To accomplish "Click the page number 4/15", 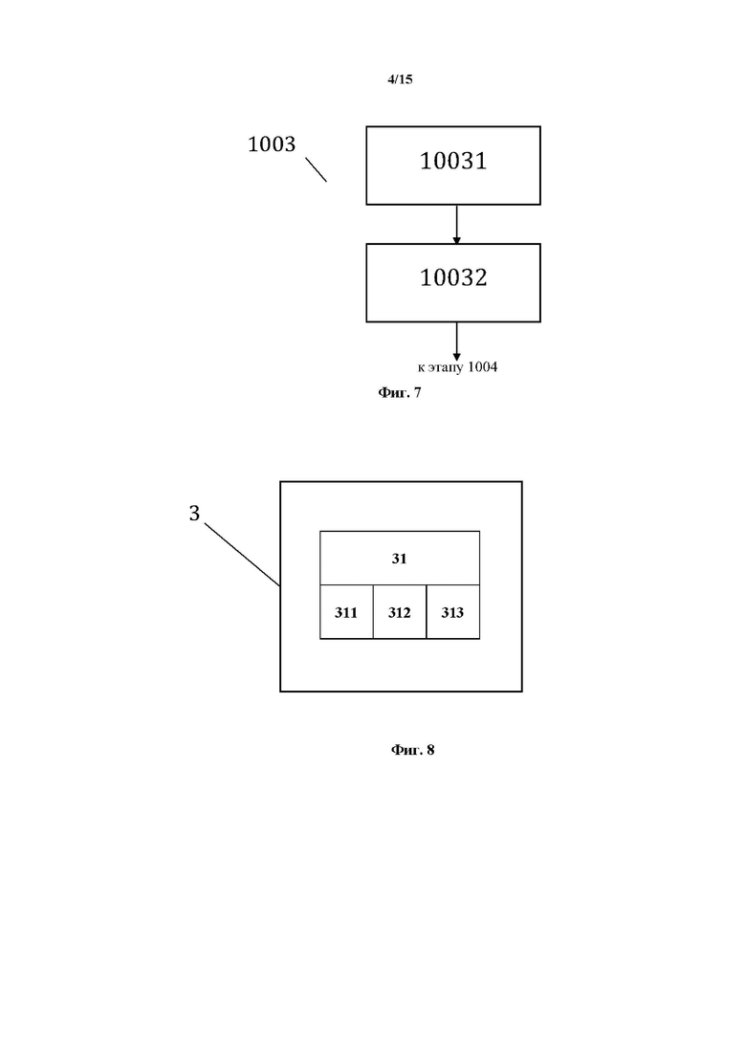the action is [x=400, y=79].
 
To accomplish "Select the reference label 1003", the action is [x=272, y=144].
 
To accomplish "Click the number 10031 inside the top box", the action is [x=453, y=161].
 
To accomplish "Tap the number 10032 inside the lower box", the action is [x=453, y=278].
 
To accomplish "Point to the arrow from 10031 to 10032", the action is [x=457, y=225].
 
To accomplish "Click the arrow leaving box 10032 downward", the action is [x=457, y=341].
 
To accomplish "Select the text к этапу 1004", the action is [x=457, y=367].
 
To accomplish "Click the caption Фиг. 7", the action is [x=400, y=392].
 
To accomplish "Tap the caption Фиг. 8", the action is [x=412, y=750].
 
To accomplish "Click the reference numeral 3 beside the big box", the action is [x=194, y=514].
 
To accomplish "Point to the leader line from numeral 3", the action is [x=242, y=555].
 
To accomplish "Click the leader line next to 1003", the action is [x=317, y=169].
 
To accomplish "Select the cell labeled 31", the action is [x=400, y=558].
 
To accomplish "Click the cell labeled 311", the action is [x=346, y=611].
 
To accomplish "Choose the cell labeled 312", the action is [x=400, y=611].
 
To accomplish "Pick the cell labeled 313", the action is [x=452, y=611].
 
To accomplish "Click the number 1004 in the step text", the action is [x=482, y=366].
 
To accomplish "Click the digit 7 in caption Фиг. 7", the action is [x=418, y=392].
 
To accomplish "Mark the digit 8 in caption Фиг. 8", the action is [x=430, y=750].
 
